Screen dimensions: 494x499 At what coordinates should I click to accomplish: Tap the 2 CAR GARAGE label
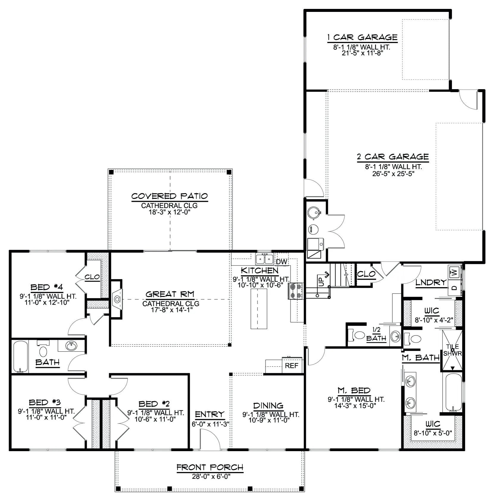click(x=393, y=157)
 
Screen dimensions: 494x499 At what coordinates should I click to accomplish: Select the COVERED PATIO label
click(x=169, y=196)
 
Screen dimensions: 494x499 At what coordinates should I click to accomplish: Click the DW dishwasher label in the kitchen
click(x=282, y=262)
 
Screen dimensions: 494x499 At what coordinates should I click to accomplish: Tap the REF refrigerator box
click(x=292, y=365)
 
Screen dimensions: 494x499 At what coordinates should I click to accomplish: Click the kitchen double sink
click(x=265, y=259)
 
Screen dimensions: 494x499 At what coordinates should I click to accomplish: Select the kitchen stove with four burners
click(x=296, y=291)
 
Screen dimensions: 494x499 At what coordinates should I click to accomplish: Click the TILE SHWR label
click(x=453, y=350)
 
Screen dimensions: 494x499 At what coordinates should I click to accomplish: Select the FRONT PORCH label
click(x=210, y=467)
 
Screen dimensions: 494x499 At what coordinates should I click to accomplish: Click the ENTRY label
click(x=210, y=414)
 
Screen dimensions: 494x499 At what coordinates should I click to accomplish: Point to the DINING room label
click(x=268, y=405)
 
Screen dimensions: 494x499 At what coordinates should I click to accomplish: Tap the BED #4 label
click(x=47, y=287)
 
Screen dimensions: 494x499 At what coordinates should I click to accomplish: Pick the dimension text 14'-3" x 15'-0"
click(x=356, y=405)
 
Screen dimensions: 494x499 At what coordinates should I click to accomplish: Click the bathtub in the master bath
click(x=452, y=392)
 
